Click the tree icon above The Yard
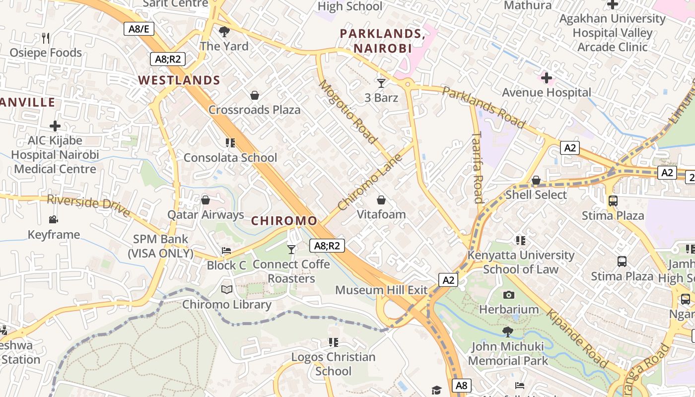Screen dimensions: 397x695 (224, 32)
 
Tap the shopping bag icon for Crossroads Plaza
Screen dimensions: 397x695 (255, 95)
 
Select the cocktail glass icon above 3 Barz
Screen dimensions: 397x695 (381, 83)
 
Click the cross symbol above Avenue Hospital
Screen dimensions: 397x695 (547, 78)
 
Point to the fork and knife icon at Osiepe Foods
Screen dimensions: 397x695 (46, 38)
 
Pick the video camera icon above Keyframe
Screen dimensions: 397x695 (53, 219)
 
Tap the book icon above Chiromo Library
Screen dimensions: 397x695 (227, 289)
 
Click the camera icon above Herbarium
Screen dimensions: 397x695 (509, 295)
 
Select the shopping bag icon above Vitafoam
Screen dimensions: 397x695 (381, 200)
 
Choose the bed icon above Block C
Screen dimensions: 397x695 (226, 251)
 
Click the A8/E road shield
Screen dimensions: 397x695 (139, 29)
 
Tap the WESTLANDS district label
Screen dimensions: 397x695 (179, 80)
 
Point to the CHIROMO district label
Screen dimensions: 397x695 (284, 221)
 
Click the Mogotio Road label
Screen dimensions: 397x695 (347, 112)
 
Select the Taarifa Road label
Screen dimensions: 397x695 (478, 167)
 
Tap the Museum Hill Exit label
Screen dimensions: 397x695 (381, 290)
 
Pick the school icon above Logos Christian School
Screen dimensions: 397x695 (334, 342)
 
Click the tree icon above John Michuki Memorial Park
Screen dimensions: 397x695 (507, 331)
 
